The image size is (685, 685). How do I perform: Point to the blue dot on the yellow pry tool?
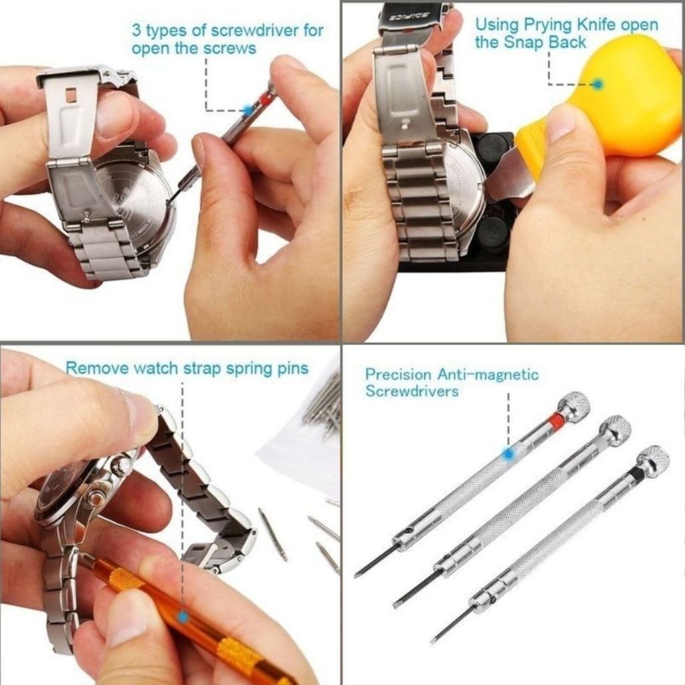pyautogui.click(x=597, y=84)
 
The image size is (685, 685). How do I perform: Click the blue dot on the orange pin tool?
pyautogui.click(x=183, y=617)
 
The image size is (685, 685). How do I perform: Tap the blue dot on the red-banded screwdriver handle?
pyautogui.click(x=508, y=454)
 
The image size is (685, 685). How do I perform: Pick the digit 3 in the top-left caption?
pyautogui.click(x=136, y=31)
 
